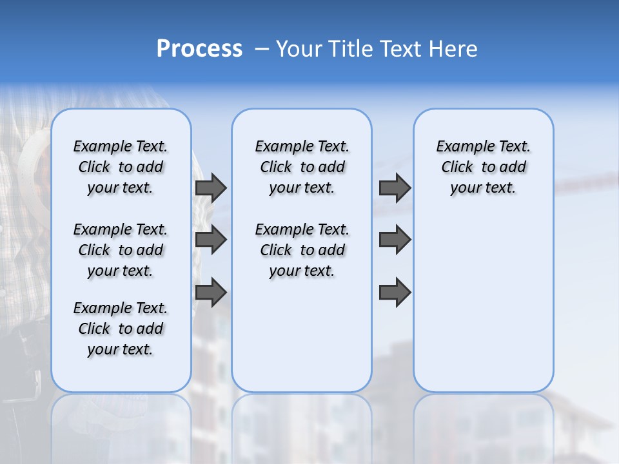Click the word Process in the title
pyautogui.click(x=199, y=48)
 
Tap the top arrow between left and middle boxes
pyautogui.click(x=211, y=188)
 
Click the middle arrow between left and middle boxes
pyautogui.click(x=211, y=240)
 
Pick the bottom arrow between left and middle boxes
pyautogui.click(x=211, y=292)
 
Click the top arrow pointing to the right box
pyautogui.click(x=395, y=188)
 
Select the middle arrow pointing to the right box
pyautogui.click(x=395, y=240)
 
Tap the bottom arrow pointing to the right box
pyautogui.click(x=395, y=292)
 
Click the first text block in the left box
pyautogui.click(x=121, y=167)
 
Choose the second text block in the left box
pyautogui.click(x=121, y=250)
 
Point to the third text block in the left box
pyautogui.click(x=121, y=329)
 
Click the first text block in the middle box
pyautogui.click(x=302, y=167)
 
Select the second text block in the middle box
pyautogui.click(x=302, y=250)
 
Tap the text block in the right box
pyautogui.click(x=483, y=167)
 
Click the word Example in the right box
pyautogui.click(x=461, y=146)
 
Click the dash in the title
pyautogui.click(x=262, y=48)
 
